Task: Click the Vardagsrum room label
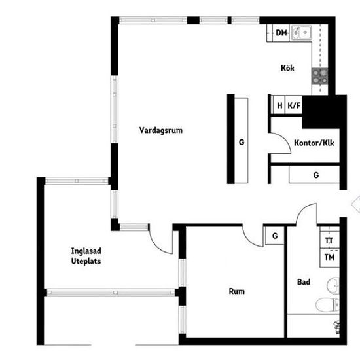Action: (x=161, y=130)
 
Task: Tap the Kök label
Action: (x=287, y=68)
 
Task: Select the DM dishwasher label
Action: (x=281, y=33)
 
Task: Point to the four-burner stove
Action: (x=319, y=77)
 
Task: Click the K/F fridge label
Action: (x=294, y=105)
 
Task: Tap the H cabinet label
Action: (x=279, y=105)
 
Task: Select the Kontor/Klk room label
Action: (x=314, y=143)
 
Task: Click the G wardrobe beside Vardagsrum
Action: (x=242, y=141)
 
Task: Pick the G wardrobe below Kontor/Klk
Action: (x=314, y=175)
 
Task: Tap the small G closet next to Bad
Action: (x=275, y=236)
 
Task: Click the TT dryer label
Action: (x=329, y=241)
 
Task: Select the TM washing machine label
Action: (x=329, y=257)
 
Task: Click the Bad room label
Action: (x=304, y=282)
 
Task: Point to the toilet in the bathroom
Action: (x=327, y=304)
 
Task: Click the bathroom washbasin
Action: (x=333, y=286)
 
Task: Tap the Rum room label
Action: (x=237, y=291)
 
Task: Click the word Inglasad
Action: (x=86, y=251)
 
